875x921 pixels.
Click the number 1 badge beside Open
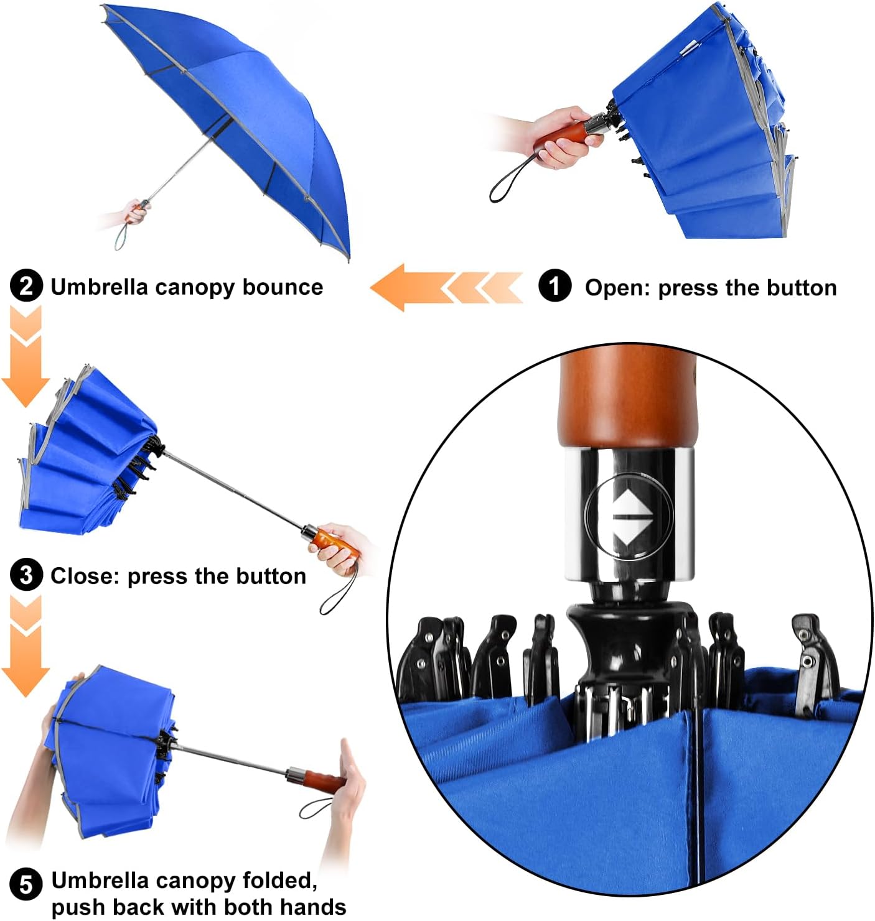point(554,287)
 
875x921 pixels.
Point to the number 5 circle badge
point(27,884)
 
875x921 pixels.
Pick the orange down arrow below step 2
point(26,361)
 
